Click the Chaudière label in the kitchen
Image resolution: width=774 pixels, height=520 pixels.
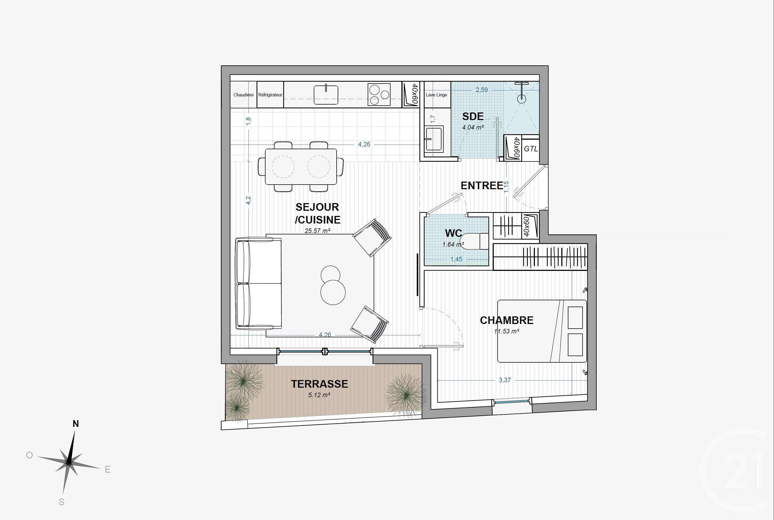pyautogui.click(x=243, y=95)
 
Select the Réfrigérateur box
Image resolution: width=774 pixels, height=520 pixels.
pyautogui.click(x=270, y=95)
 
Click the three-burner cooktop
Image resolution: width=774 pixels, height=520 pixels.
pyautogui.click(x=379, y=94)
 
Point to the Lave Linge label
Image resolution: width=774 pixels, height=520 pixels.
pyautogui.click(x=436, y=95)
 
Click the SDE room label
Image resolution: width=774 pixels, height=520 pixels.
pyautogui.click(x=473, y=117)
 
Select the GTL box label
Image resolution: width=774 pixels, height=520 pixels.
pyautogui.click(x=531, y=149)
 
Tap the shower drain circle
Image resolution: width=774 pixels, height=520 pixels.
pyautogui.click(x=522, y=99)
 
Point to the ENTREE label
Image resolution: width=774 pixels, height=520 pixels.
pyautogui.click(x=482, y=186)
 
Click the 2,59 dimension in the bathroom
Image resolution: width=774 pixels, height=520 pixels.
pyautogui.click(x=482, y=90)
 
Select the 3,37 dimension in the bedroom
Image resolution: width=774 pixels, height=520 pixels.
pyautogui.click(x=505, y=380)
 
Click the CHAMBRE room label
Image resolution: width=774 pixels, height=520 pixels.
pyautogui.click(x=507, y=320)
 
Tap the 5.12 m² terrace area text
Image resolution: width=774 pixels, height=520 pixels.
pyautogui.click(x=319, y=395)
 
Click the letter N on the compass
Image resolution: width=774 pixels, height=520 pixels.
pyautogui.click(x=76, y=424)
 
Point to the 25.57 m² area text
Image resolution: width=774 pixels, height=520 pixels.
pyautogui.click(x=317, y=231)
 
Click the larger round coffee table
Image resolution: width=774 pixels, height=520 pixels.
pyautogui.click(x=333, y=292)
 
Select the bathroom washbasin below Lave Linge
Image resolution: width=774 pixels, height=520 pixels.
pyautogui.click(x=434, y=139)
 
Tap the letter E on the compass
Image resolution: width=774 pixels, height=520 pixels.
pyautogui.click(x=108, y=470)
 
